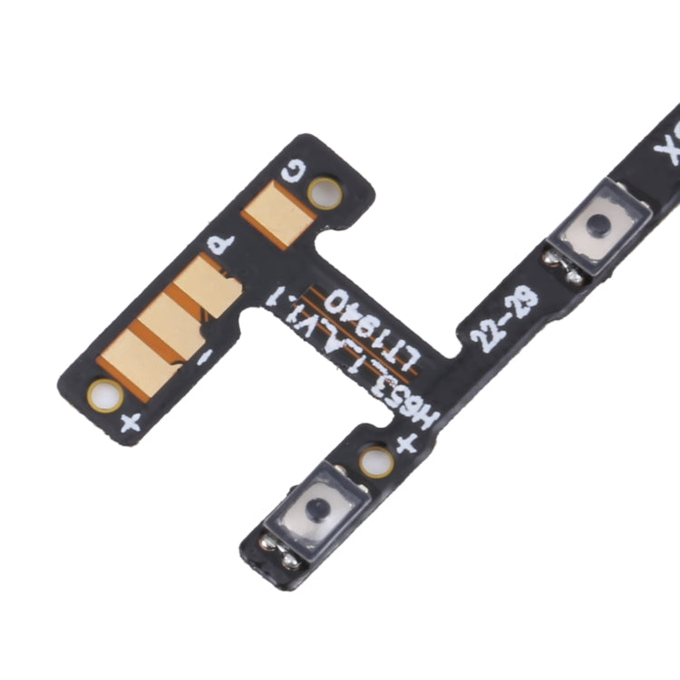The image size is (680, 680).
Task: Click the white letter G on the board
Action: (x=294, y=170)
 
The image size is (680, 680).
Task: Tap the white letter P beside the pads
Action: (x=221, y=245)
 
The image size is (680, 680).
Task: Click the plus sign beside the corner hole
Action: (x=130, y=422)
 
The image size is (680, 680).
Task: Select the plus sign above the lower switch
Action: (x=405, y=443)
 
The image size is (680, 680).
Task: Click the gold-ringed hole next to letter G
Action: (x=324, y=192)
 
